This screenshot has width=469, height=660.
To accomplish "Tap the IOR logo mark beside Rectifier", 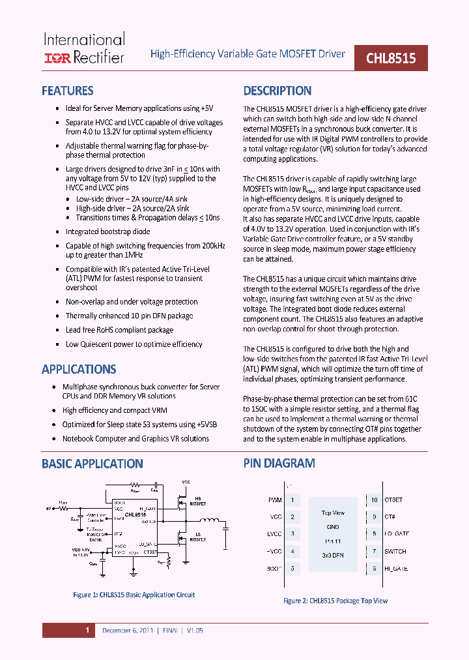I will coord(57,58).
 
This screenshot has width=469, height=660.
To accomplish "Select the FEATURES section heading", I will coord(67,91).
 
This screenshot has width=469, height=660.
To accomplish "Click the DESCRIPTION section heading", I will coord(277,91).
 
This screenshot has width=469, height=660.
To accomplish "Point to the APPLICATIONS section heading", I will coord(79,369).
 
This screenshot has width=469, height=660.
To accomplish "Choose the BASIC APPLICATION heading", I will coord(92,464).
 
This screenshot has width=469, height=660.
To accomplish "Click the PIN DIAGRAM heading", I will coord(279,464).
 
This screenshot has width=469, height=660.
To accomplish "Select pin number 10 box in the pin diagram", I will coord(375,500).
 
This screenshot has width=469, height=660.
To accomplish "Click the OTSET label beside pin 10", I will coord(393,500).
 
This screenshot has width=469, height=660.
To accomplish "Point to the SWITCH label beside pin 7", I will coord(395,551).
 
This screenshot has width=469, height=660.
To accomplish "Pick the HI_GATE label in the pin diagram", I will coord(395,568).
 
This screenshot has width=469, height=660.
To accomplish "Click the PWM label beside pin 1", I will coord(275,500).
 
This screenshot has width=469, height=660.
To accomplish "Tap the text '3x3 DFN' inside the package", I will coord(334,555).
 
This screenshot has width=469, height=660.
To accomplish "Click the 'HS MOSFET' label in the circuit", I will coord(197,502).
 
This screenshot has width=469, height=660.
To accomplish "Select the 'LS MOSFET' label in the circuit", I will coord(197,537).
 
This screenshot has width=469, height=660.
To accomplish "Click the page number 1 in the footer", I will coord(87,631).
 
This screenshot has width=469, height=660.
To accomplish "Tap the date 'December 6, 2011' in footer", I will coord(128,631).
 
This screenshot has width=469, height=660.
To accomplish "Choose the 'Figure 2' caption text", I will coord(335,601).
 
